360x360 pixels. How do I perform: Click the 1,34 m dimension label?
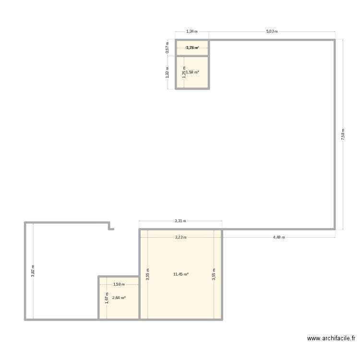(x=192, y=31)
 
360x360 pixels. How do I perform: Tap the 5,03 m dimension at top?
(x=272, y=31)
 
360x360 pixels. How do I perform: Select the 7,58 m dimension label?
(x=343, y=134)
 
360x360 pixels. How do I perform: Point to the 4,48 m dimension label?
(x=279, y=237)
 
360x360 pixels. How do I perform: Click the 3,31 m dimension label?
(x=180, y=221)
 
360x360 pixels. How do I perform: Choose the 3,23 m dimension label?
(x=180, y=237)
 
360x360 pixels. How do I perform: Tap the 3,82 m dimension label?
(x=33, y=271)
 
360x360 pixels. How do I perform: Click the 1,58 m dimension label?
(x=119, y=285)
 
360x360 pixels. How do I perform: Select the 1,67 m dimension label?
(x=107, y=298)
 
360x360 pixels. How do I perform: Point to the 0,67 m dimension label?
(x=167, y=48)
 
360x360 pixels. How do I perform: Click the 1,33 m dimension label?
(x=167, y=72)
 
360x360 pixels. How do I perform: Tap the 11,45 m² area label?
(x=181, y=274)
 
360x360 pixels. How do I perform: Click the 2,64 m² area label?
(x=119, y=298)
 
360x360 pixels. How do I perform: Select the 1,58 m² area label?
(x=193, y=72)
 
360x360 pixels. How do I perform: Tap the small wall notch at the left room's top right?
(x=111, y=226)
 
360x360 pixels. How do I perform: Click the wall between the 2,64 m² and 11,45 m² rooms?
(x=139, y=298)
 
